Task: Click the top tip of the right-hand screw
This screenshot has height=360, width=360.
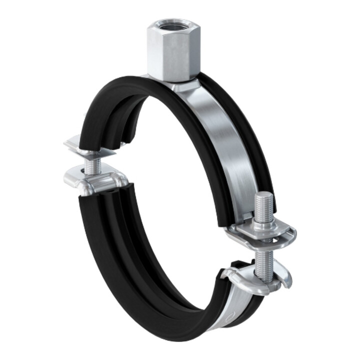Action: (x=263, y=197)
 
